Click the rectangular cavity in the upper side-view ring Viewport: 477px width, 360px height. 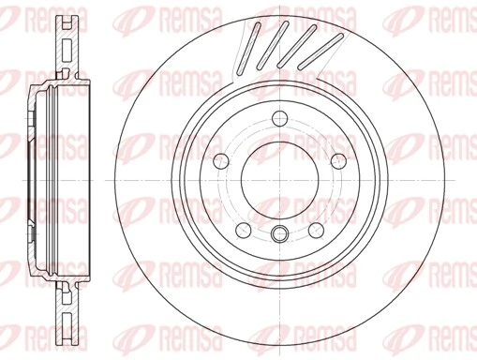(x=67, y=48)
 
